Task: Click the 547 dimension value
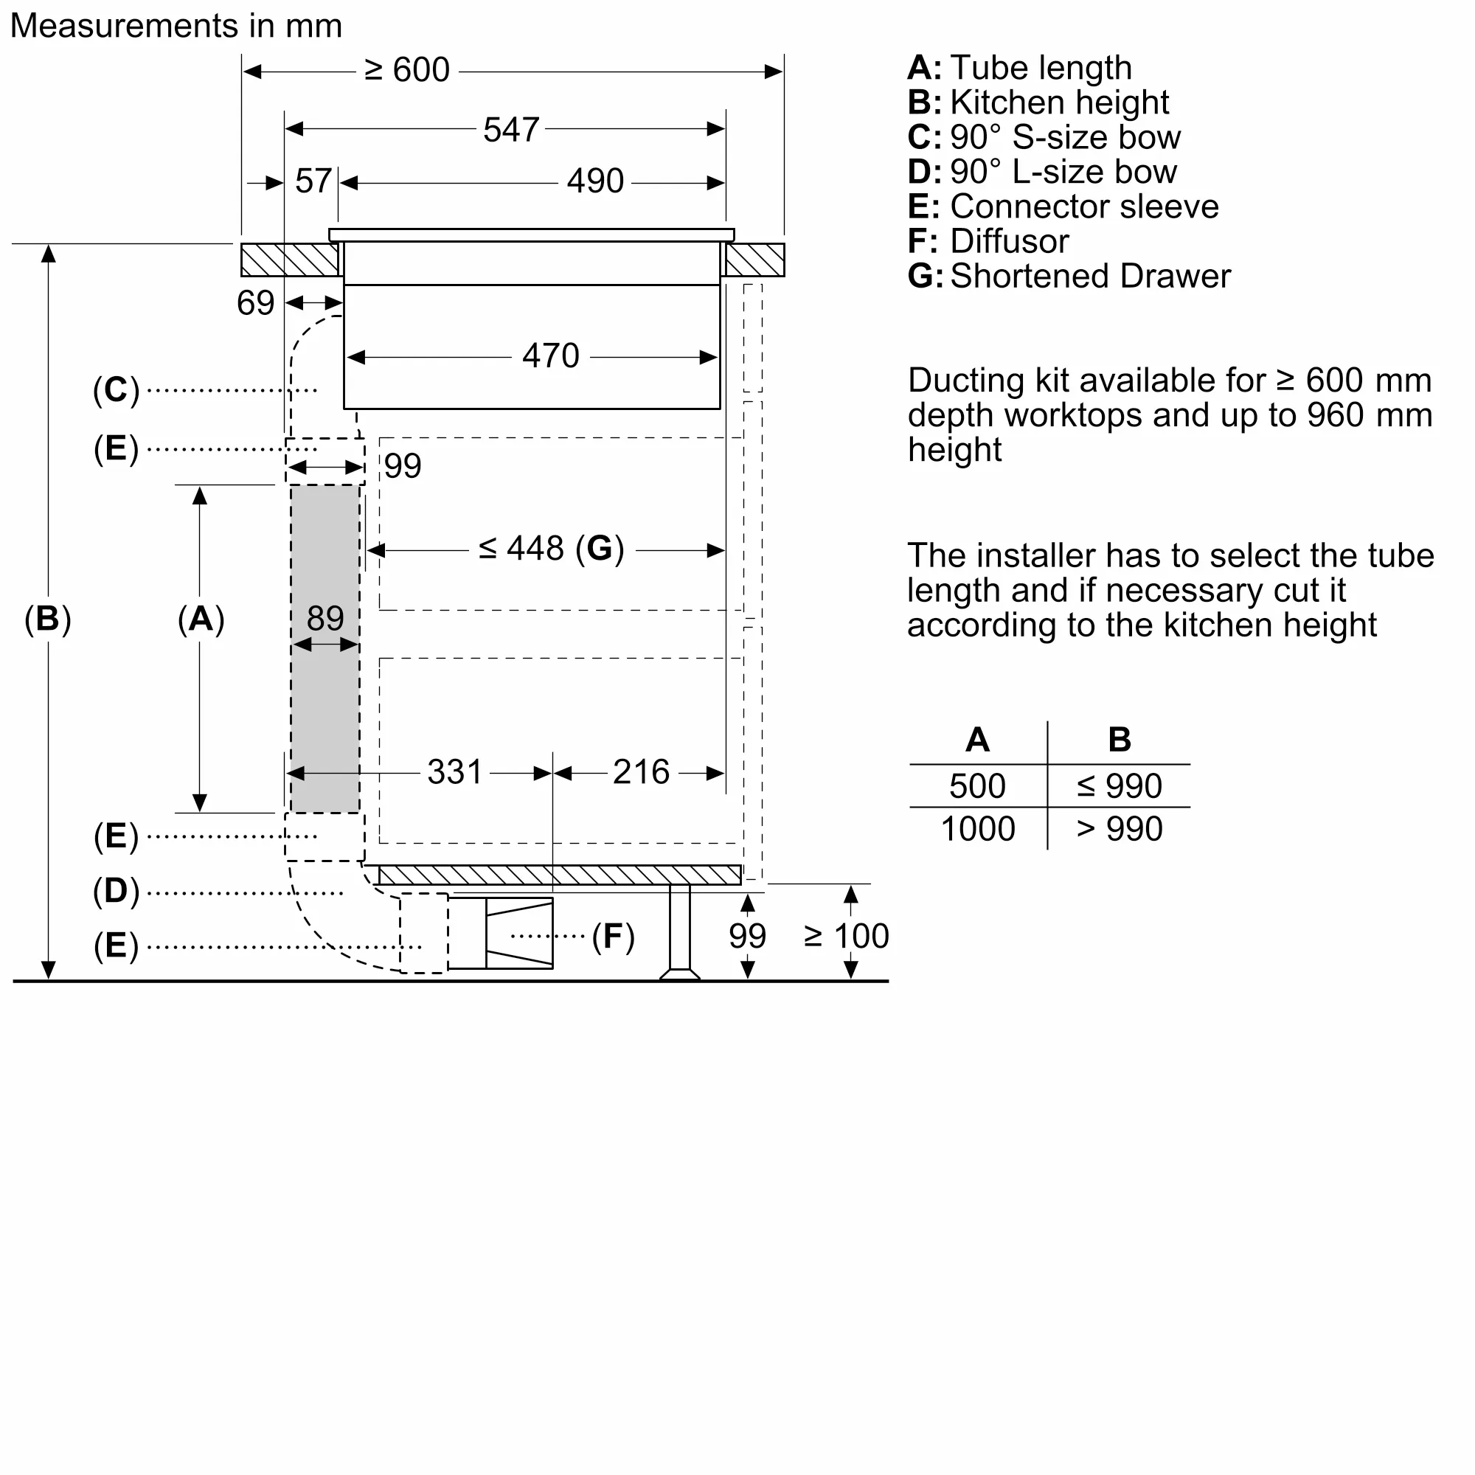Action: pos(511,130)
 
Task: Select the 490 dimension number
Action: pos(594,181)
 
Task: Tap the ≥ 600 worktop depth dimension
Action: pos(407,70)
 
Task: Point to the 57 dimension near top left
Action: pos(313,181)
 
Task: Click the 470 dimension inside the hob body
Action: pos(550,355)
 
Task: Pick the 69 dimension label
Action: pos(255,303)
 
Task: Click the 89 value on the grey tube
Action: pos(325,617)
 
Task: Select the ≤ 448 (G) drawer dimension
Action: pos(551,548)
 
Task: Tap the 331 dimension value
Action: pos(454,772)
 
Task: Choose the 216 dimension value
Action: pos(641,772)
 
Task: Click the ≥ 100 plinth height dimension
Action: pos(846,936)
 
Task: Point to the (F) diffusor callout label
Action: pos(613,937)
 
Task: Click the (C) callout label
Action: pos(116,390)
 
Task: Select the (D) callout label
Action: pos(116,891)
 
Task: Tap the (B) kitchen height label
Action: pos(47,619)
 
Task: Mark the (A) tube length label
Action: pos(201,619)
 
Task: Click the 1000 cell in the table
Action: pos(977,829)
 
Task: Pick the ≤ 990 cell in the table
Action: pos(1119,785)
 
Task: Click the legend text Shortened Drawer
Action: pos(1089,276)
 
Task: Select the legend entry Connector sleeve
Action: pos(1083,206)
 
